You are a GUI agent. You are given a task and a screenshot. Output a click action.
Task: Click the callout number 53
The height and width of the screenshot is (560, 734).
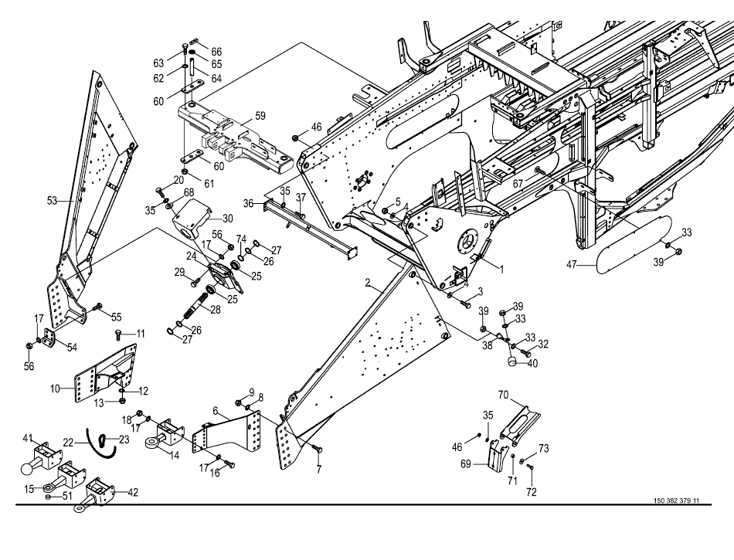click(52, 201)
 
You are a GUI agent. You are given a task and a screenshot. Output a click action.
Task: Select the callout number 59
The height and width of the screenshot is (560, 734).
click(260, 116)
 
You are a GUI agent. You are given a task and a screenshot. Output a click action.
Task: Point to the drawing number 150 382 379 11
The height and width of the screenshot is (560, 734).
click(670, 501)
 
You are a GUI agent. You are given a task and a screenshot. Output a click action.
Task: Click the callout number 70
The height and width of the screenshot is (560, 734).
click(502, 395)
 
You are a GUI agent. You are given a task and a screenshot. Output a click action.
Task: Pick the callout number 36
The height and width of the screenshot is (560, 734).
click(248, 203)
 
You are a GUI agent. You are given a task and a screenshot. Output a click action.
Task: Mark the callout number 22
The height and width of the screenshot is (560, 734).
click(68, 443)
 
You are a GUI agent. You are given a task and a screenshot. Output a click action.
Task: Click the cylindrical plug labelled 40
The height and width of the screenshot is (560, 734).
click(511, 360)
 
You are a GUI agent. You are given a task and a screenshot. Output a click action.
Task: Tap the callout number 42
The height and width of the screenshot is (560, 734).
click(133, 491)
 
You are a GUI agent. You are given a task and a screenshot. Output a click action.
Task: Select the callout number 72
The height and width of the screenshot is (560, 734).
click(532, 492)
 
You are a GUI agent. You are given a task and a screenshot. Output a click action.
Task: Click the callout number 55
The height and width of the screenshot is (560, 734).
click(117, 317)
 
